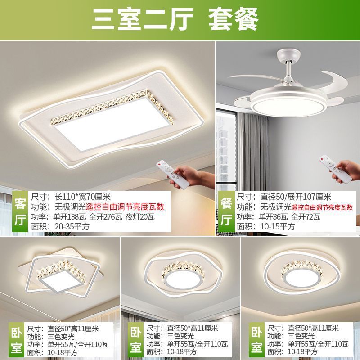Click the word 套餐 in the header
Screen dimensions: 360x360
point(234,19)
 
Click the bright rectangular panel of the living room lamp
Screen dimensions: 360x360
point(103,126)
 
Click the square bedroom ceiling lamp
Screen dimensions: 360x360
point(63,274)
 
